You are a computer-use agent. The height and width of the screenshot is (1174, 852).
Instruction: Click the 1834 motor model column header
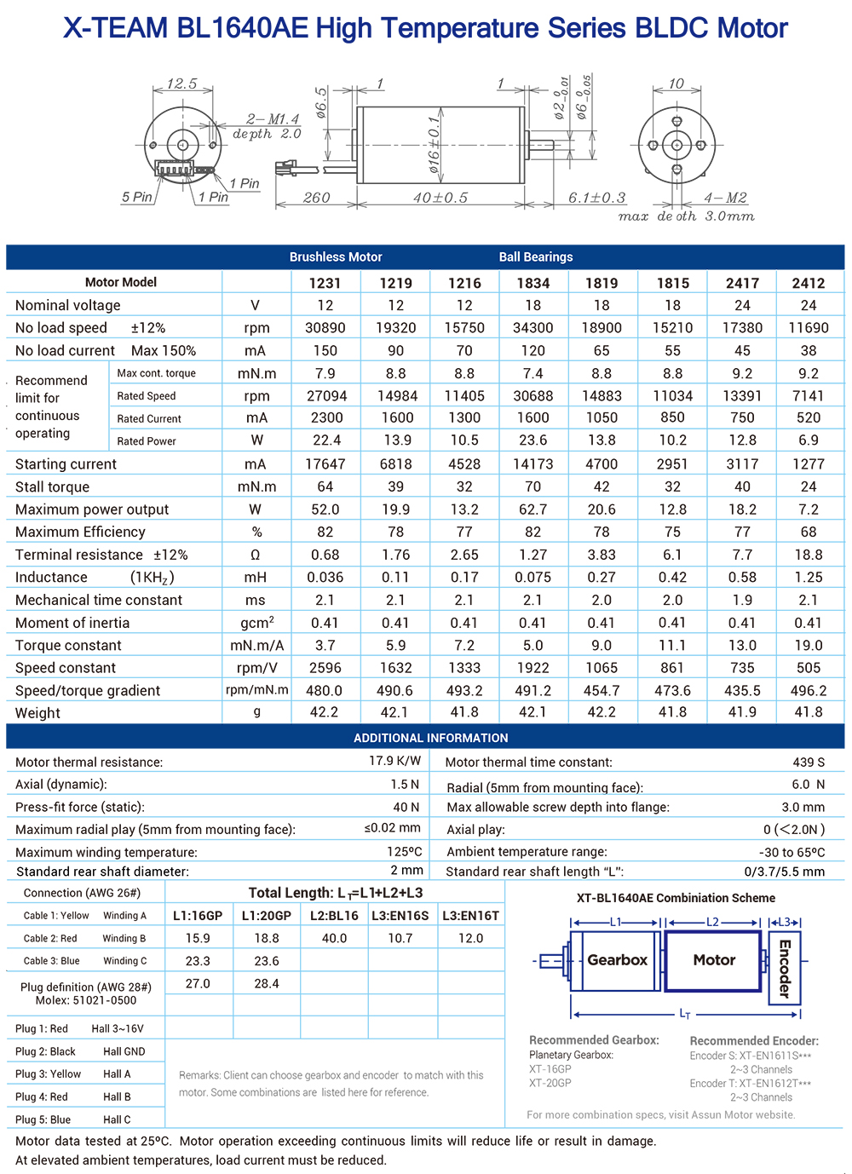532,283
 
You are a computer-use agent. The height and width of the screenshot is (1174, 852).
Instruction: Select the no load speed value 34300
532,328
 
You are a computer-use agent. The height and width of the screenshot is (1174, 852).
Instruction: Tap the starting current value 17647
325,464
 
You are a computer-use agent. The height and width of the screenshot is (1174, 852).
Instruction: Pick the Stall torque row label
52,487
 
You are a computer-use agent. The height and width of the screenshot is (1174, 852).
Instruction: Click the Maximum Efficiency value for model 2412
808,532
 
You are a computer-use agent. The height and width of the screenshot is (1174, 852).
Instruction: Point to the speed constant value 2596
325,668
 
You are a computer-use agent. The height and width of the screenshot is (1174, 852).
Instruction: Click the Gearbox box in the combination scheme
617,960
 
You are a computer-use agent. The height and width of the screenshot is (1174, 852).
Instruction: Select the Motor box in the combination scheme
713,960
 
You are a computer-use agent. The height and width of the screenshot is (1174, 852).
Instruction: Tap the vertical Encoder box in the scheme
785,968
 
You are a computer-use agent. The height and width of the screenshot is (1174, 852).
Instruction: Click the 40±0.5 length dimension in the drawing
440,198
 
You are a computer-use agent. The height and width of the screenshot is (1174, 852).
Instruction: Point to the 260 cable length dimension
316,198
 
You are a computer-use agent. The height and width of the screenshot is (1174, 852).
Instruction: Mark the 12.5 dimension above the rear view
181,83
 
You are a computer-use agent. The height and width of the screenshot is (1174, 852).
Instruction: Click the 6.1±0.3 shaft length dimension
596,198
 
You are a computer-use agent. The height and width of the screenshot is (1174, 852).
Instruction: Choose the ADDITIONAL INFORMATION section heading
430,738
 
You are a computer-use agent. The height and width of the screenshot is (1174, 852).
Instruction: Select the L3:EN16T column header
470,916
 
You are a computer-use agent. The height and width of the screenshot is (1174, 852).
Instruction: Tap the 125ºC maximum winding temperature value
404,851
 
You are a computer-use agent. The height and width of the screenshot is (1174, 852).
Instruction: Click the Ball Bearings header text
535,257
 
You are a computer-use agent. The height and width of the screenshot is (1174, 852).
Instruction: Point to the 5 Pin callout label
136,197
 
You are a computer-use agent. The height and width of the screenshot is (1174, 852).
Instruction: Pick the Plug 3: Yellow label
48,1074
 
